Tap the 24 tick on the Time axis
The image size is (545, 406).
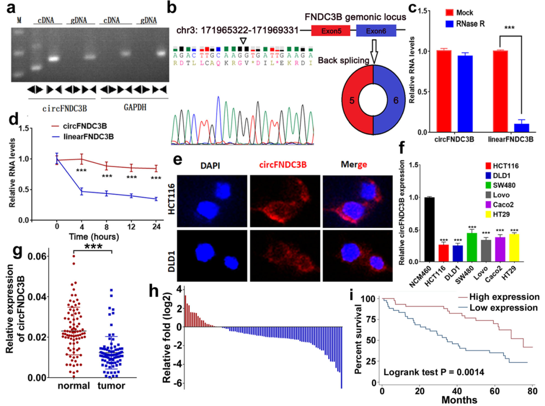157,226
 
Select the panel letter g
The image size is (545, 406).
9,255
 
